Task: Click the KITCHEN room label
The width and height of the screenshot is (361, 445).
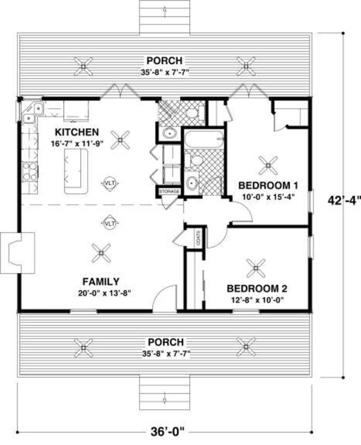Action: coord(77,132)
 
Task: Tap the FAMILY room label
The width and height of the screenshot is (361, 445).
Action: coord(100,282)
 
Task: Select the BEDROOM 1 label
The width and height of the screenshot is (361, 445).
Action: coord(268,185)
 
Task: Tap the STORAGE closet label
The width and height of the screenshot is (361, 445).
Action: coord(169,191)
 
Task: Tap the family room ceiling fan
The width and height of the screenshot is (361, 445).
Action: coord(101,253)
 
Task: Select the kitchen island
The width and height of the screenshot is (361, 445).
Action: coord(76,171)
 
